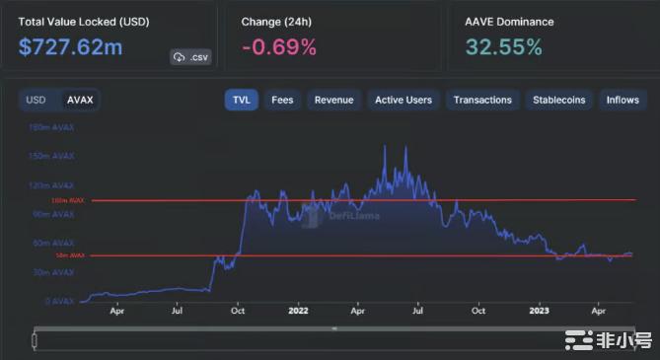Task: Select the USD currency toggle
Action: click(x=36, y=100)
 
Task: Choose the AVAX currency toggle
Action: click(x=79, y=100)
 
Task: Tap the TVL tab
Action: click(x=241, y=100)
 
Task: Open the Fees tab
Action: click(x=282, y=100)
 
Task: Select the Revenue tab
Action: click(x=333, y=100)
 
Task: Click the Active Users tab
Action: click(x=403, y=100)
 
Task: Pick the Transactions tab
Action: click(x=483, y=100)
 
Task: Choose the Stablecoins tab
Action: click(x=558, y=100)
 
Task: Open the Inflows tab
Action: click(x=623, y=100)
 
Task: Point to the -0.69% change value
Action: click(x=278, y=47)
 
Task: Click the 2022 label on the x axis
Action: click(x=300, y=310)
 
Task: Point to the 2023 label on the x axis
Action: click(x=540, y=310)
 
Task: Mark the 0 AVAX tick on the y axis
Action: click(x=61, y=301)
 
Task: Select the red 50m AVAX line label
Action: click(x=73, y=255)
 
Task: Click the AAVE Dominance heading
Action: click(x=509, y=21)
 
